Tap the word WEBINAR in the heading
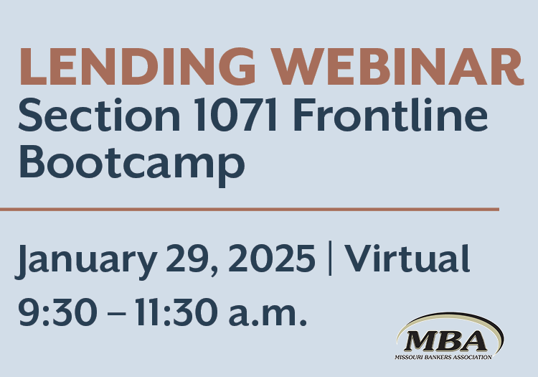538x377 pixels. pos(391,68)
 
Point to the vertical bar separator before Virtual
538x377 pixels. pos(330,259)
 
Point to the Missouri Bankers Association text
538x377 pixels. pos(445,357)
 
